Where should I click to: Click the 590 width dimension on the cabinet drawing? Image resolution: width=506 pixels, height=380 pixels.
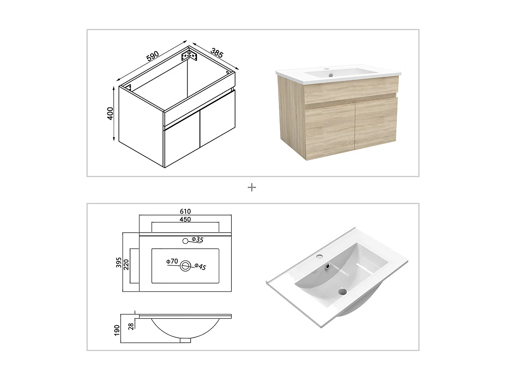point(152,56)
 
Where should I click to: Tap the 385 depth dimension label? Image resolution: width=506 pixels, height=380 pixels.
point(217,53)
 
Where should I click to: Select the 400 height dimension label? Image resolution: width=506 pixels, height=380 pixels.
point(110,113)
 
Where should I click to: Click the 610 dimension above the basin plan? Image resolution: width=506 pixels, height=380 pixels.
point(185,211)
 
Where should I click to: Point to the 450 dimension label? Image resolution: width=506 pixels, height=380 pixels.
point(185,220)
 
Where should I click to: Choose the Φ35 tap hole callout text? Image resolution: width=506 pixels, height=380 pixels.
point(198,240)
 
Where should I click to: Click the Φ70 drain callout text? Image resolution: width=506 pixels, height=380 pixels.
point(172,261)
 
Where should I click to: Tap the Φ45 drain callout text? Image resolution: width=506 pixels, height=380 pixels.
point(200,267)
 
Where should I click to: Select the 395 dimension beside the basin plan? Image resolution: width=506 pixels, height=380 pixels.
point(119,262)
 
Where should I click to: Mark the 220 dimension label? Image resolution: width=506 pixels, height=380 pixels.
point(126,264)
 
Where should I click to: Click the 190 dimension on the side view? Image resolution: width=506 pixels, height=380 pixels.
point(117,330)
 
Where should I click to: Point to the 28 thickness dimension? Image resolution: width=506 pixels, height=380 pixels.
point(131,326)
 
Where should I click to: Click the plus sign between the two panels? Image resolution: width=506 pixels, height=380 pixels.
point(252,187)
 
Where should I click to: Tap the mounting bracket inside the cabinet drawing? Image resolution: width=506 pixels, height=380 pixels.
point(189,55)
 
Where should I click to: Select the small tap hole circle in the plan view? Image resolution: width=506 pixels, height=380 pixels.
point(185,241)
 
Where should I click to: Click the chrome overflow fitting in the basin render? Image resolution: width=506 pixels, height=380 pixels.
point(327,267)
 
